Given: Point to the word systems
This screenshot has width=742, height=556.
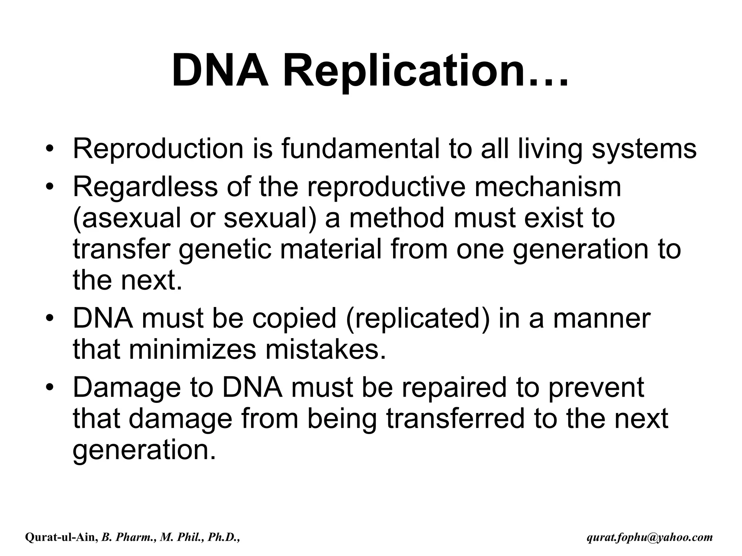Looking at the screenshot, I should pyautogui.click(x=644, y=149).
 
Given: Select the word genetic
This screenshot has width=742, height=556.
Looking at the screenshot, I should pyautogui.click(x=225, y=250).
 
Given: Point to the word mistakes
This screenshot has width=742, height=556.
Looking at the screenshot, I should pyautogui.click(x=326, y=350).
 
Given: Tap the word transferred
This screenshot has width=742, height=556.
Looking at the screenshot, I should pyautogui.click(x=455, y=419).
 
